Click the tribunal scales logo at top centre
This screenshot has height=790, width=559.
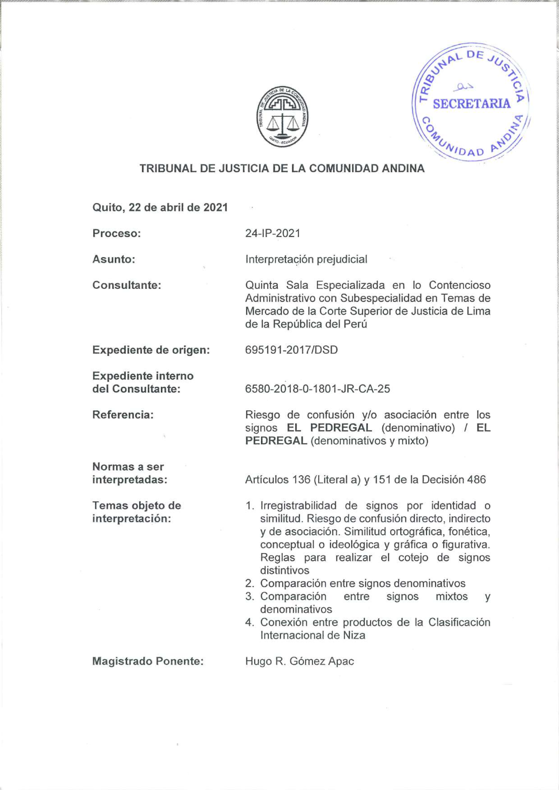pyautogui.click(x=282, y=117)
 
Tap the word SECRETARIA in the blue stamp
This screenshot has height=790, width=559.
pyautogui.click(x=471, y=104)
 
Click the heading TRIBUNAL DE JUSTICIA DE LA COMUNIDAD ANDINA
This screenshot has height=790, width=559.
pyautogui.click(x=282, y=168)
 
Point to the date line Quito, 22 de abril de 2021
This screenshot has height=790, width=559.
pyautogui.click(x=160, y=207)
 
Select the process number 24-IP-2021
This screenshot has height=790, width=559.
pyautogui.click(x=273, y=233)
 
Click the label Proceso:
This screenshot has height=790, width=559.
pyautogui.click(x=117, y=233)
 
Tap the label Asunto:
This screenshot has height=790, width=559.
pyautogui.click(x=114, y=259)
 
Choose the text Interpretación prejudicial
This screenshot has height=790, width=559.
pyautogui.click(x=306, y=259)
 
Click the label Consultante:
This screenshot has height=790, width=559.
pyautogui.click(x=127, y=285)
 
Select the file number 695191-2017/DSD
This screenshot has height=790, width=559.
pyautogui.click(x=291, y=350)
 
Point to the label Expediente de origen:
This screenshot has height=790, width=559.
pyautogui.click(x=151, y=350)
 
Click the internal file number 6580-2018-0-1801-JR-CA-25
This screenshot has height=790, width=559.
pyautogui.click(x=318, y=389)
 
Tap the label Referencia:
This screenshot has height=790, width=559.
pyautogui.click(x=123, y=415)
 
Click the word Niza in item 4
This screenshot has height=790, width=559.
pyautogui.click(x=354, y=635)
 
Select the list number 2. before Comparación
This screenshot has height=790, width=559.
pyautogui.click(x=249, y=583)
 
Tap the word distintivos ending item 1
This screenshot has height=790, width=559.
pyautogui.click(x=285, y=570)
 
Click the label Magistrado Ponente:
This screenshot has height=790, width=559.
pyautogui.click(x=148, y=661)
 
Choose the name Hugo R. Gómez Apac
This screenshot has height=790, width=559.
pyautogui.click(x=300, y=661)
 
